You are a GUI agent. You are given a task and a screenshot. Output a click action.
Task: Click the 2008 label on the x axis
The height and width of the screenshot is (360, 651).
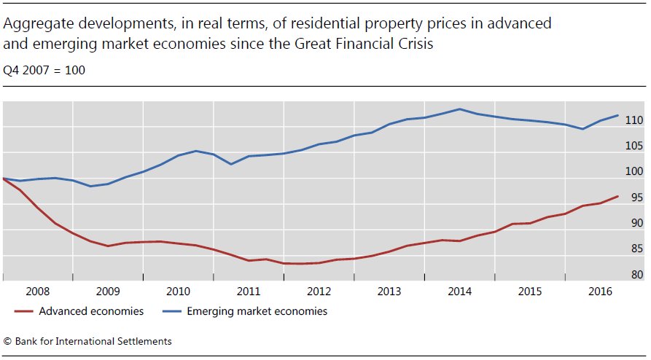coord(38,291)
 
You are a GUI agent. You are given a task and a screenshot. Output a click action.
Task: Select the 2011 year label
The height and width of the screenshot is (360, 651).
coord(249,291)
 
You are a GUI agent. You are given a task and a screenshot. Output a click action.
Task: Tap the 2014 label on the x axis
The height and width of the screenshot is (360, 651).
coord(459,291)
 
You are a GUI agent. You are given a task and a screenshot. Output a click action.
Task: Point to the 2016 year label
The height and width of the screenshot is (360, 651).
coord(600,291)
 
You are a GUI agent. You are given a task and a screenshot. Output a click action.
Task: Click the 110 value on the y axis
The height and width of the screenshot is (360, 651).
coord(634,120)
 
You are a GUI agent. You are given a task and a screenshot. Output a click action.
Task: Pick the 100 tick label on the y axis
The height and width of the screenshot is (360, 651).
coord(634,171)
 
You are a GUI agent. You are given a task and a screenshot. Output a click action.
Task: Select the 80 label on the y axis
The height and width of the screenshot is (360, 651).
coord(636,275)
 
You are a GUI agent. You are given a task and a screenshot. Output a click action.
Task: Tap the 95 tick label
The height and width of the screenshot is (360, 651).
coord(636,197)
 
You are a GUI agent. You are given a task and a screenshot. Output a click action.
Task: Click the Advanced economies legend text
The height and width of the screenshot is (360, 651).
coord(91,311)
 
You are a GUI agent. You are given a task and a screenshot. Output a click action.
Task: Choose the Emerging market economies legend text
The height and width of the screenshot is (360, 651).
coord(257,311)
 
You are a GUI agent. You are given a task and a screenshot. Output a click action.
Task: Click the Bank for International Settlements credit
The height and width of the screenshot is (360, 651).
coord(94,341)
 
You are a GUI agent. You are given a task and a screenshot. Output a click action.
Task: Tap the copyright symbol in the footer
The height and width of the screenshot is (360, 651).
coord(8,341)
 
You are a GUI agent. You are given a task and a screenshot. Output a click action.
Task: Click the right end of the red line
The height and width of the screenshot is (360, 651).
coord(618,196)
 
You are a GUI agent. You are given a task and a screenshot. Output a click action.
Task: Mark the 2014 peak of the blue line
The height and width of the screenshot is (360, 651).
coord(460,109)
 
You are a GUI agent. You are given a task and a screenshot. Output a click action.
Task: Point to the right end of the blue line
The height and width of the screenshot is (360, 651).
coord(618,115)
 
